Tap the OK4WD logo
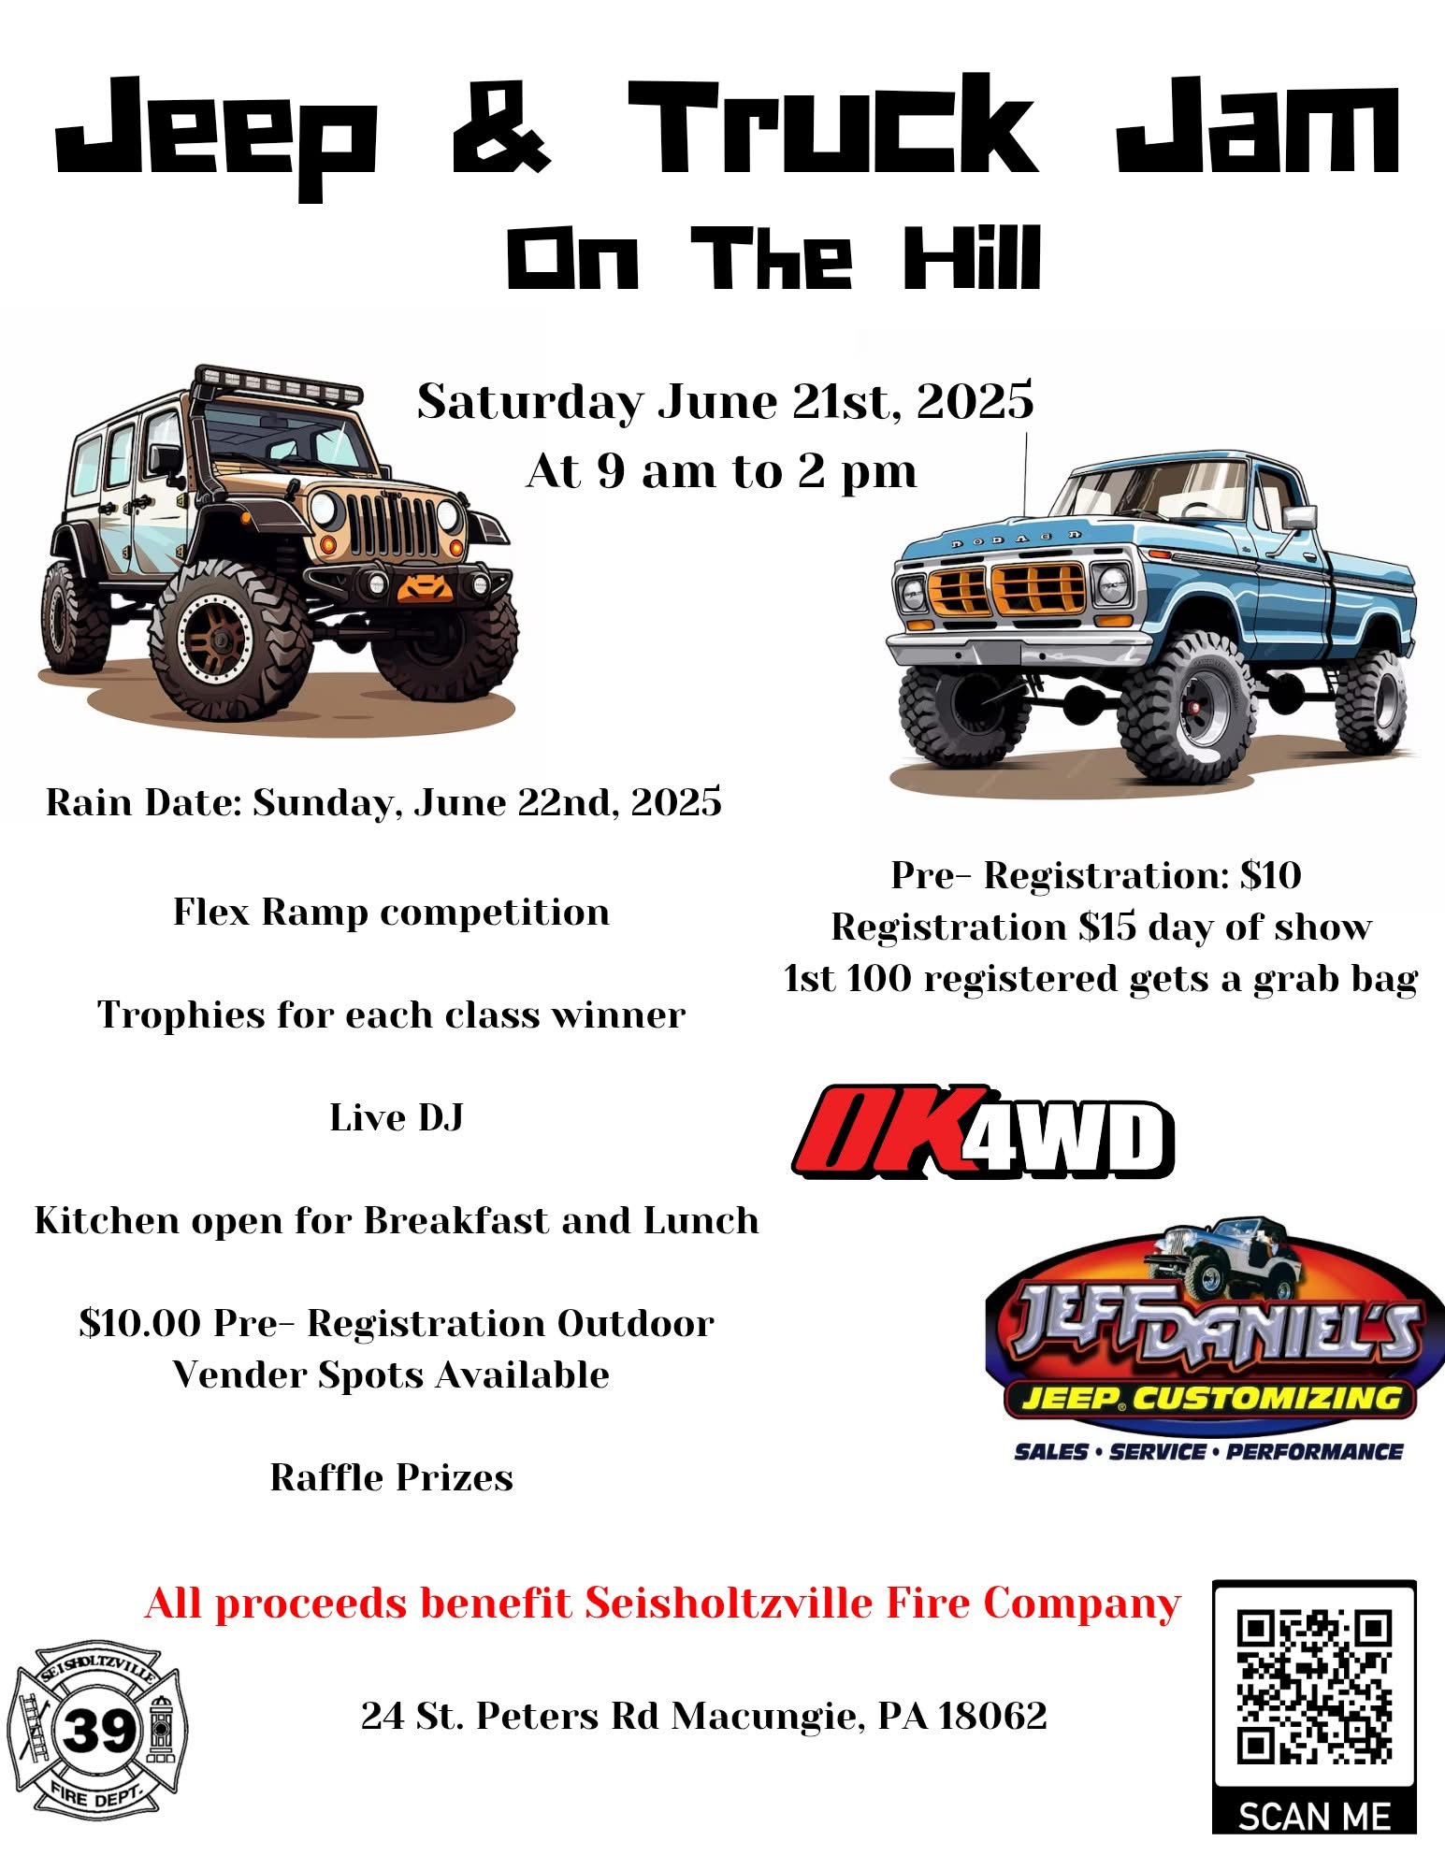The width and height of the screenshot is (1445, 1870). [983, 1130]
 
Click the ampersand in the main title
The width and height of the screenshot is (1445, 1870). [501, 127]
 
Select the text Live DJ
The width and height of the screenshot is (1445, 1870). [397, 1117]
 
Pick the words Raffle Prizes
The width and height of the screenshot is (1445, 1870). [392, 1477]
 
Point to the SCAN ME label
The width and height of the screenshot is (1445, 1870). [1314, 1817]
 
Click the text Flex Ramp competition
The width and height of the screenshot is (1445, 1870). [391, 913]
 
